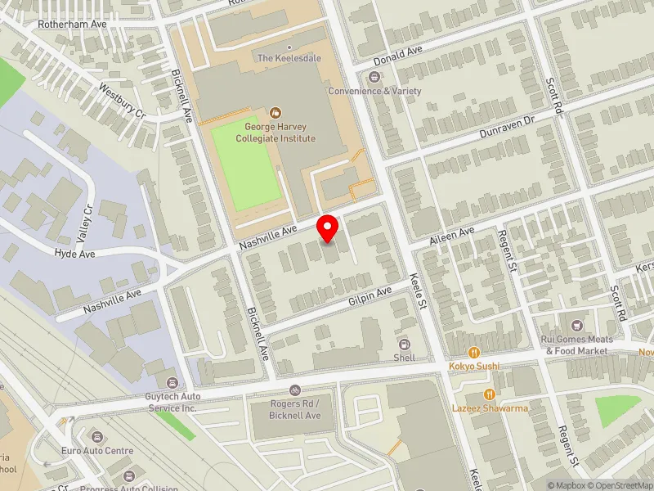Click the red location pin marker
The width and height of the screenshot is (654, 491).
click(328, 228)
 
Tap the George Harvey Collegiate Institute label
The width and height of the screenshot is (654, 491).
click(280, 133)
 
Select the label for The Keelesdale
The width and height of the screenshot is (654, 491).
click(287, 58)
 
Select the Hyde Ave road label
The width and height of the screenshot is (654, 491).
click(75, 255)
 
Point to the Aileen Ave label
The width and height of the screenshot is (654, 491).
click(453, 233)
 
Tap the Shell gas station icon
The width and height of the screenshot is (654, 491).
click(404, 344)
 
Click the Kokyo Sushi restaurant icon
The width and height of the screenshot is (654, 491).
click(473, 352)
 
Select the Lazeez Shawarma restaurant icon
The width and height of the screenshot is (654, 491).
click(490, 394)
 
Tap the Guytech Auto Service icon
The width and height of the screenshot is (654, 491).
click(172, 382)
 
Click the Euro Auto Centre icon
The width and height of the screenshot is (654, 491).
click(96, 437)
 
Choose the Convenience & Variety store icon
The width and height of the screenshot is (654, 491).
click(374, 77)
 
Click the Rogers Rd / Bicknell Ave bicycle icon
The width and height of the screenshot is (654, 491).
click(295, 390)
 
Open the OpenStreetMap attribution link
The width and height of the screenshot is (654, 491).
click(618, 484)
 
